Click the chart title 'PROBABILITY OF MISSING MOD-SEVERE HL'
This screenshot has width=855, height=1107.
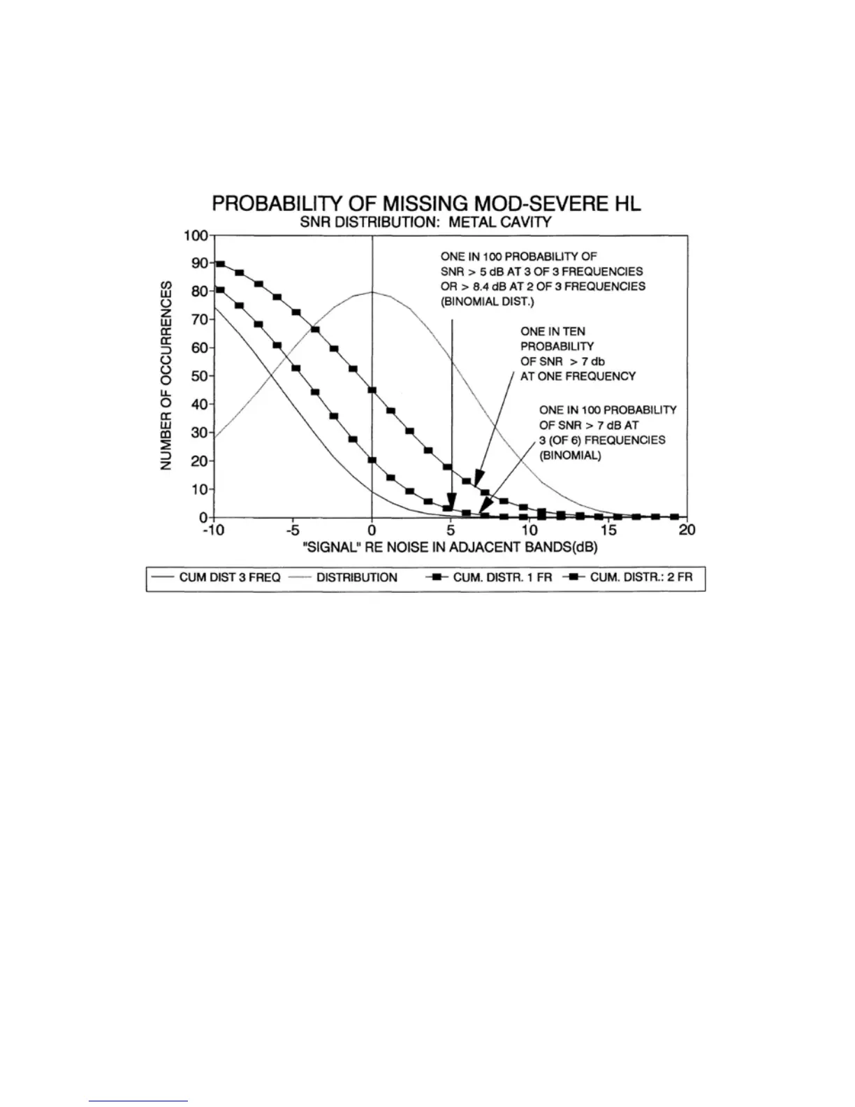tap(426, 204)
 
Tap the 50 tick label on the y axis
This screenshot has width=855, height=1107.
tap(198, 376)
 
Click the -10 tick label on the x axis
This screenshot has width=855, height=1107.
tap(212, 530)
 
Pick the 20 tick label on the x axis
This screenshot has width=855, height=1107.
tap(687, 530)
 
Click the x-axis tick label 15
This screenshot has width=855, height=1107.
tap(608, 530)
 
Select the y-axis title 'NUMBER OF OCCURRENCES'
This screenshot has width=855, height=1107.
tap(167, 376)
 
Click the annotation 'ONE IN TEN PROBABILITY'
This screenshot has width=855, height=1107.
tap(557, 339)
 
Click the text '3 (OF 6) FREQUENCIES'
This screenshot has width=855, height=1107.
tap(602, 440)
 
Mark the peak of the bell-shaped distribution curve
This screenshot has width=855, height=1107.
tap(372, 292)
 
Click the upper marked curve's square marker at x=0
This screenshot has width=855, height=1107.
tap(372, 391)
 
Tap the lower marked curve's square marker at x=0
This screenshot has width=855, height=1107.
tap(372, 460)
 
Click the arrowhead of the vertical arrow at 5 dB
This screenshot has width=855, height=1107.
tap(451, 506)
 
